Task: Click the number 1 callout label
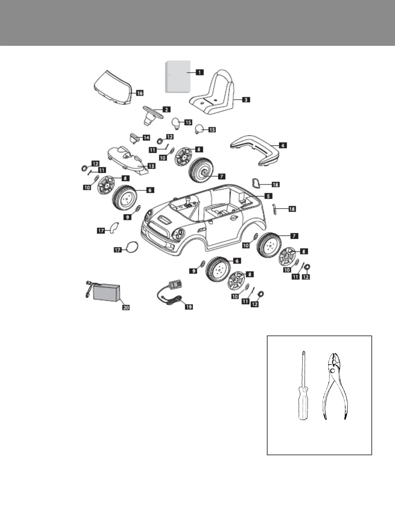tap(199, 72)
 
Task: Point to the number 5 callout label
tap(268, 196)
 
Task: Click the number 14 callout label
tap(146, 138)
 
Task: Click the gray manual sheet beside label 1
tap(177, 76)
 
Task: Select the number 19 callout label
tap(188, 307)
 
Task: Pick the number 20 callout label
tap(126, 307)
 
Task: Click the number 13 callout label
tap(151, 166)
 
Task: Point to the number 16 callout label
tap(139, 93)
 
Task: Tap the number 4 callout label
tap(282, 145)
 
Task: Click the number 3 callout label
tap(246, 100)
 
